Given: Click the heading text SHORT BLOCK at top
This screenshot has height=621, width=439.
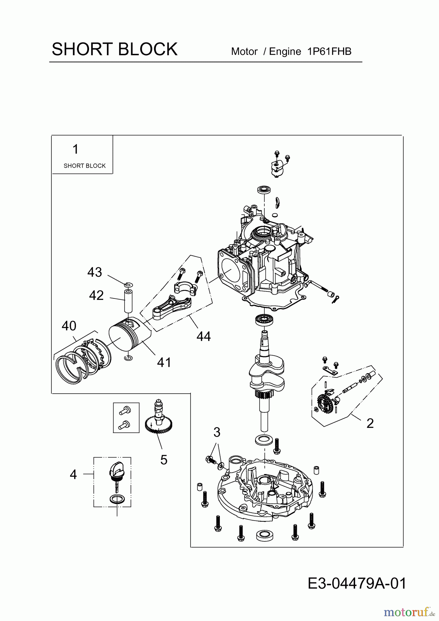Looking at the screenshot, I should click(114, 49).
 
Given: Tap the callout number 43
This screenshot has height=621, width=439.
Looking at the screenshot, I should click(95, 272).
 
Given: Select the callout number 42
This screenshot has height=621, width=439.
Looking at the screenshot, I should click(96, 295).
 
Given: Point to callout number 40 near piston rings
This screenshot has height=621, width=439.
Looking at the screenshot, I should click(69, 326).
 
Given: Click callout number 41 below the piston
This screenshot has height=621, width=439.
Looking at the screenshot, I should click(164, 362).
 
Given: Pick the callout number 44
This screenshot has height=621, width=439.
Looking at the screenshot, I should click(204, 336).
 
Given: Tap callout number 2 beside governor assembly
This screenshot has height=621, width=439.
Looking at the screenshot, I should click(370, 423).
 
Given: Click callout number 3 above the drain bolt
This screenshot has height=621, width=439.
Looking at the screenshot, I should click(216, 432).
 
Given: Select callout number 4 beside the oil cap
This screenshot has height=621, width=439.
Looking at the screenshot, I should click(73, 475).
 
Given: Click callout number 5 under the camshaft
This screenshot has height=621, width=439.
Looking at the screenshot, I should click(164, 460).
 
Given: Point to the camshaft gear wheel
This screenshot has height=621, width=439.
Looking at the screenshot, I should click(159, 426).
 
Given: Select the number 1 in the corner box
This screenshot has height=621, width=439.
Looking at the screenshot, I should click(75, 149).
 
